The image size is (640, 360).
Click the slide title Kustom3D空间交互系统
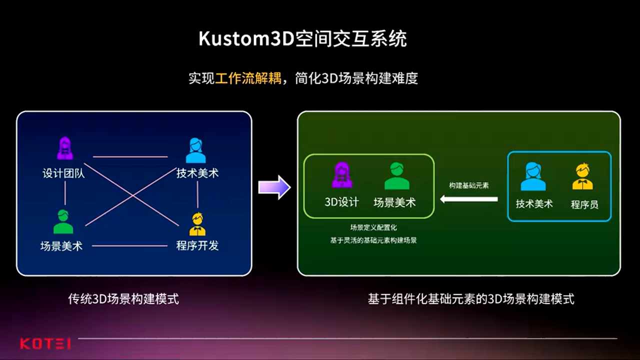coord(302,38)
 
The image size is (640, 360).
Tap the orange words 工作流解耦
coord(248,78)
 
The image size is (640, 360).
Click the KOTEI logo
coord(45,343)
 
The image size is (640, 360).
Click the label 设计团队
coord(63,173)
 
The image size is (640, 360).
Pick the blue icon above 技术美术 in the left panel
coord(196,151)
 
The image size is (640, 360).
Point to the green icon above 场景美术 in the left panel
coord(63,222)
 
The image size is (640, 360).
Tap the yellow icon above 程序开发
coord(197,224)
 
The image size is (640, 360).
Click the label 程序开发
coord(197,245)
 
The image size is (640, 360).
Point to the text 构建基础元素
coord(468,185)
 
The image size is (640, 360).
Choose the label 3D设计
coord(342,202)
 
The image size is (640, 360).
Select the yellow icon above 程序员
coord(582,177)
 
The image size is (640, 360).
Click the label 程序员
coord(584,204)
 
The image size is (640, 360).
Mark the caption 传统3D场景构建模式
coord(123,299)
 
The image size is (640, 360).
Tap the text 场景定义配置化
coord(373,227)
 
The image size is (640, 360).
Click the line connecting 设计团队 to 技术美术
coord(130,156)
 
